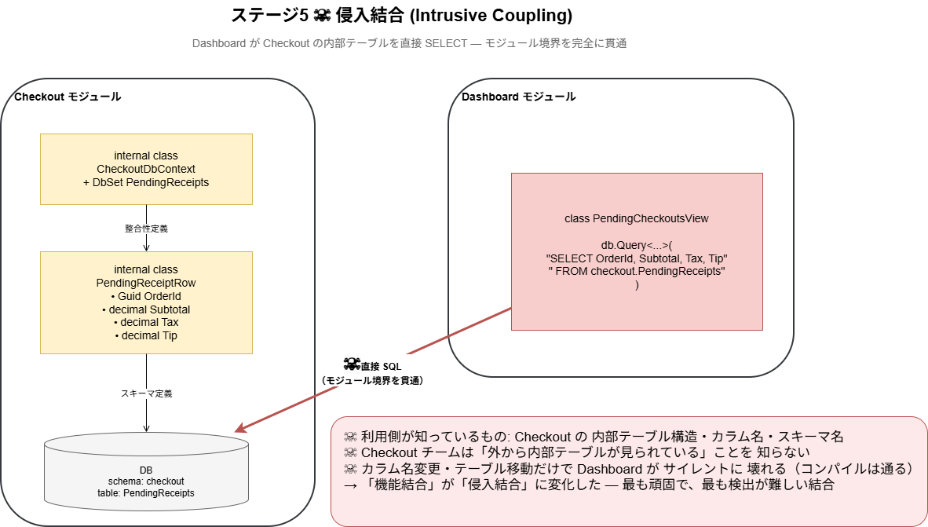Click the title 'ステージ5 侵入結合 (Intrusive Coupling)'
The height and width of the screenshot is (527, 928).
(x=402, y=16)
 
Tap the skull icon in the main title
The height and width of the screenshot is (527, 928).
(x=322, y=16)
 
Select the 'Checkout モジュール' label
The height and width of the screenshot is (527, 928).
(x=68, y=97)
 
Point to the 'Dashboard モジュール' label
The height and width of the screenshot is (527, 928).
(x=518, y=97)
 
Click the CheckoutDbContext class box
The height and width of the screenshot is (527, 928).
(x=146, y=170)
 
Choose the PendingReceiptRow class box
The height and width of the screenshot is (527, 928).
(x=146, y=302)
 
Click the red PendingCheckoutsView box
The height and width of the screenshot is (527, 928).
(x=637, y=251)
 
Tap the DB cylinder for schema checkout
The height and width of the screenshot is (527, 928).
(x=146, y=471)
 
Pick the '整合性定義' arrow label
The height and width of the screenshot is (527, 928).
(x=146, y=229)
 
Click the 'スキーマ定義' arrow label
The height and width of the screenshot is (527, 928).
(x=146, y=393)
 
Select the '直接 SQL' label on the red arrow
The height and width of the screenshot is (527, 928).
(x=381, y=367)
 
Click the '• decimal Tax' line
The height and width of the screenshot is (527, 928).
(x=146, y=322)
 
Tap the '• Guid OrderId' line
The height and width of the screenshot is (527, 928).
(x=146, y=296)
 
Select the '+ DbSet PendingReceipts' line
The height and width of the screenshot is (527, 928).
(x=146, y=182)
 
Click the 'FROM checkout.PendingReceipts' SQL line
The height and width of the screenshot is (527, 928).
(x=637, y=271)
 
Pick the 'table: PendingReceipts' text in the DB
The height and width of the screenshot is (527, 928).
(x=146, y=492)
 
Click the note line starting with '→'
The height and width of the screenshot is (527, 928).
(x=589, y=485)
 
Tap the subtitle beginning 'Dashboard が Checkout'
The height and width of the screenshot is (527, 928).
(x=410, y=43)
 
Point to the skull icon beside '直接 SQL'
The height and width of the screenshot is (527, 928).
(x=352, y=364)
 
